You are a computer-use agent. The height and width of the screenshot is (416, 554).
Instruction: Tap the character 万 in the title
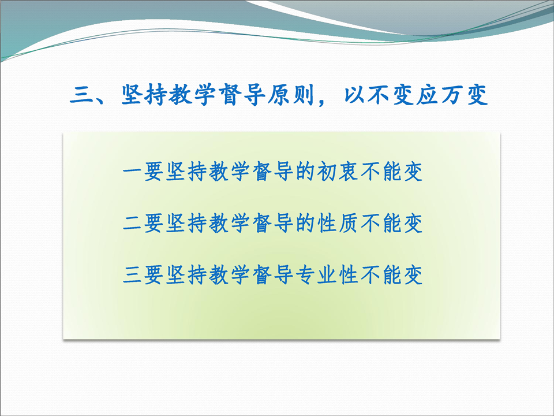452,95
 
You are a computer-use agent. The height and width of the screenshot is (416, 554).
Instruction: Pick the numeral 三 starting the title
81,95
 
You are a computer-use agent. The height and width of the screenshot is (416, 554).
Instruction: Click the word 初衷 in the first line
338,172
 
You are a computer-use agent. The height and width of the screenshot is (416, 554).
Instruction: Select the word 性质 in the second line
338,224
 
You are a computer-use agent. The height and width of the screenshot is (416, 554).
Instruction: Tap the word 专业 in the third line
316,275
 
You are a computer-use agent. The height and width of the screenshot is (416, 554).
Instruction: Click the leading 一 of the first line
133,172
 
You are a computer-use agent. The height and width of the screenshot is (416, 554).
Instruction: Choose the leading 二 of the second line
133,224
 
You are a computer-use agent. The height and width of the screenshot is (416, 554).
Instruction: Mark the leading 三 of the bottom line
133,275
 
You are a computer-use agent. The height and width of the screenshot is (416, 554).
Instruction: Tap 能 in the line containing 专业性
392,275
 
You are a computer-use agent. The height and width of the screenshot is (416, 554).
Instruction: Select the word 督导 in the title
242,95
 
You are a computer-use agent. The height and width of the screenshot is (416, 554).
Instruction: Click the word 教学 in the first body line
229,172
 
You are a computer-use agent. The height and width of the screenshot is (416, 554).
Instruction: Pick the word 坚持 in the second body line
186,224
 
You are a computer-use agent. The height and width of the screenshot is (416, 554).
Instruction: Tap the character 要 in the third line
154,275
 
